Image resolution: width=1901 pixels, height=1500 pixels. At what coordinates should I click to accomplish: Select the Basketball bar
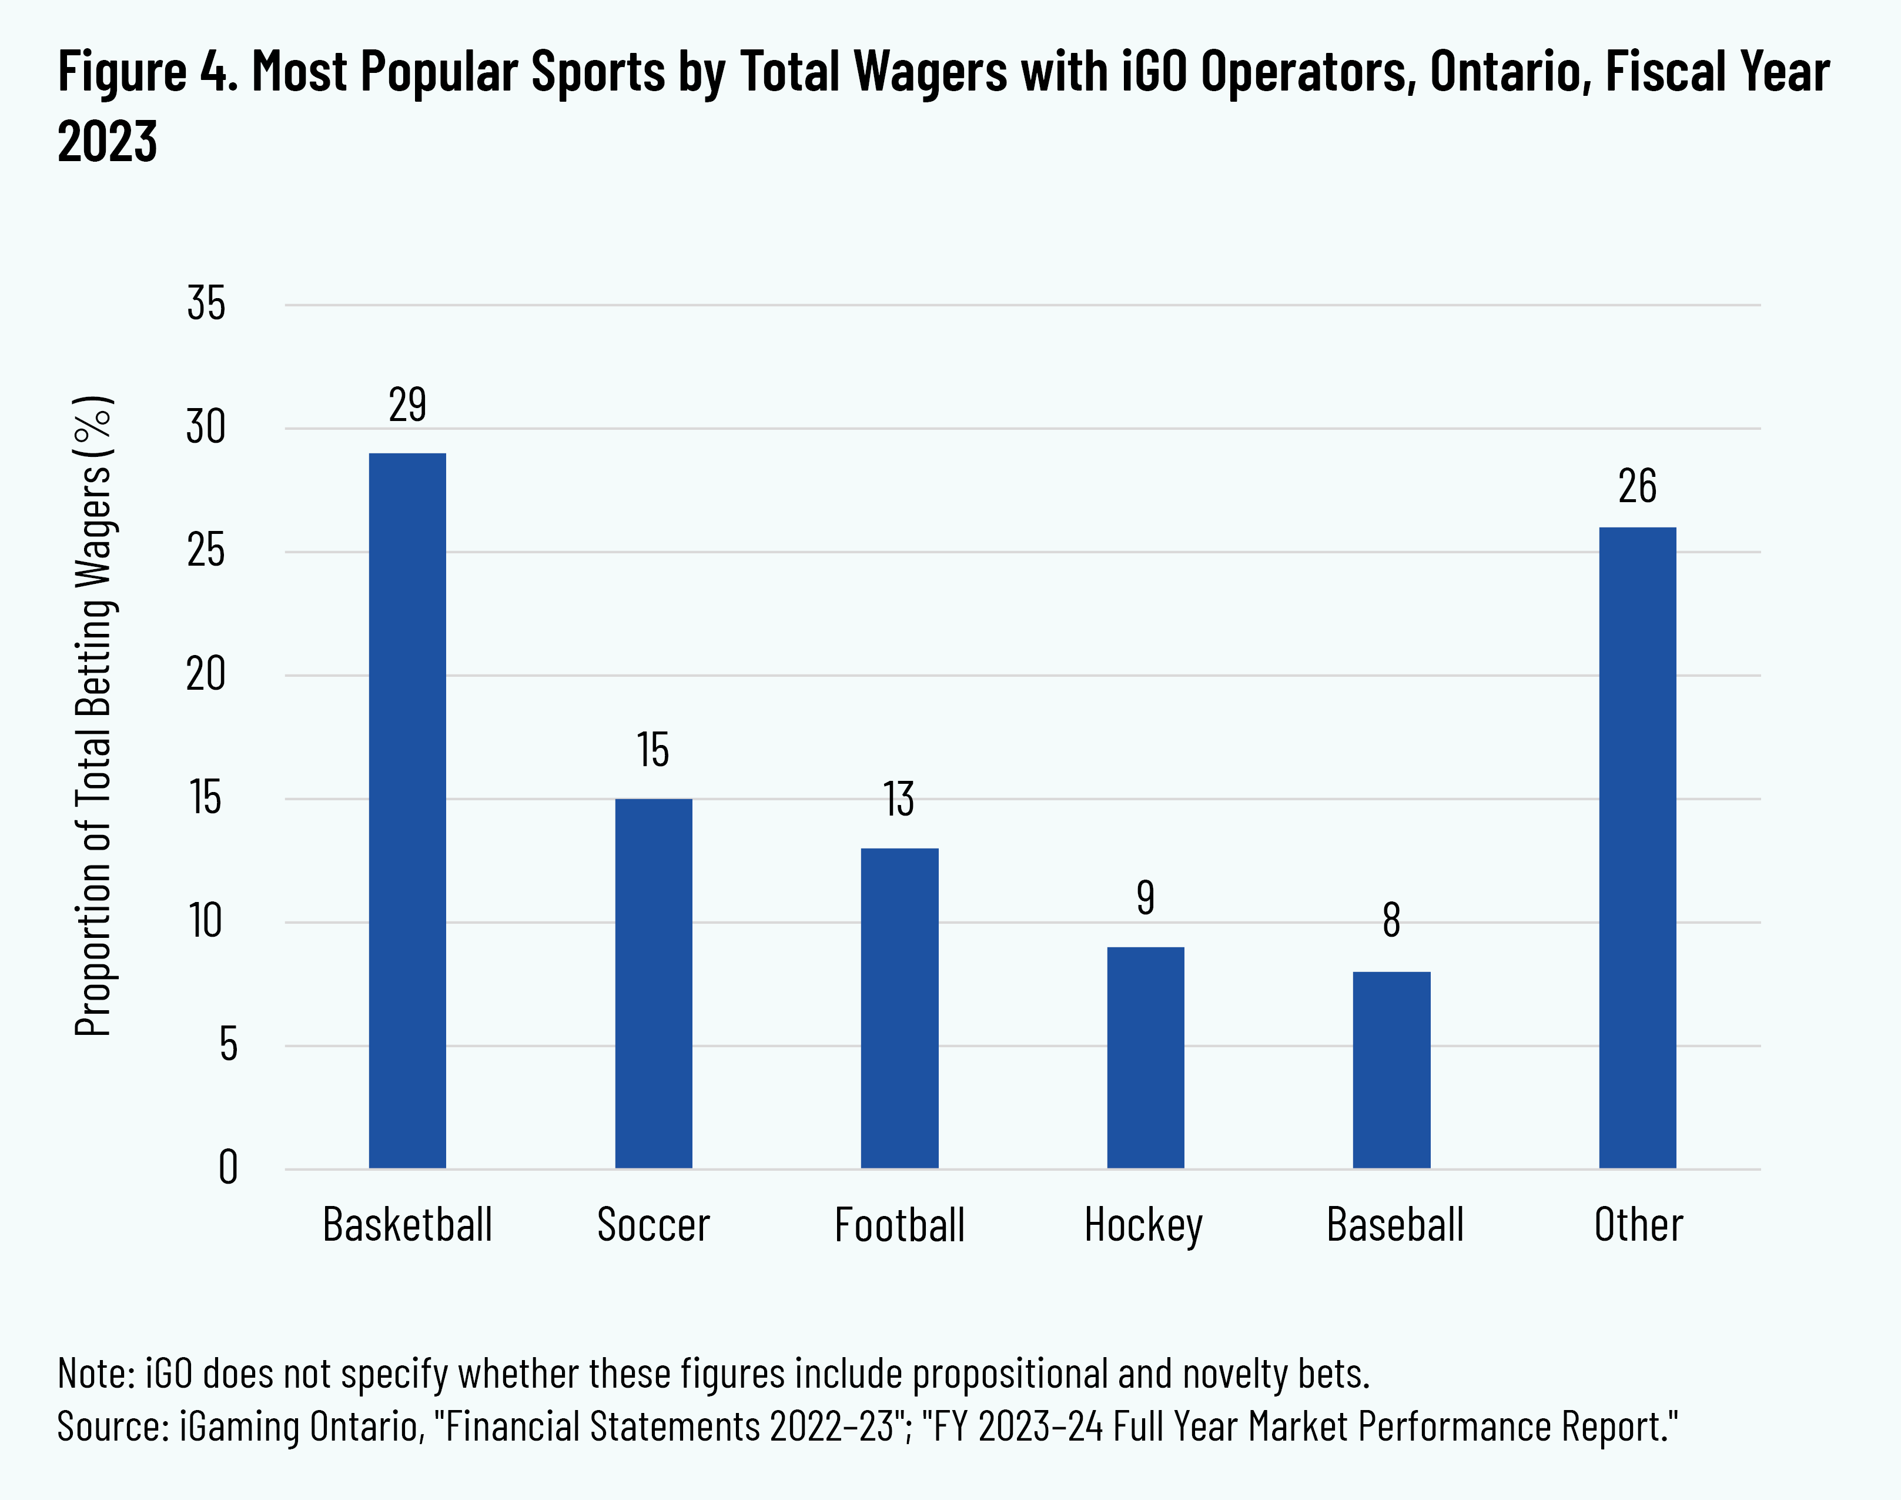(407, 810)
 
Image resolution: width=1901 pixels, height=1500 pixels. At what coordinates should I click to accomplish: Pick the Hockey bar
(1145, 1057)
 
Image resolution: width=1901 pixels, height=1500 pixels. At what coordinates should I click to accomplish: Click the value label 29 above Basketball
(407, 405)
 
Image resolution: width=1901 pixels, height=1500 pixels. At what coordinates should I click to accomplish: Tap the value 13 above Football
(899, 799)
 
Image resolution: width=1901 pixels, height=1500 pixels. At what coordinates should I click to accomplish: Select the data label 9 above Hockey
(1145, 897)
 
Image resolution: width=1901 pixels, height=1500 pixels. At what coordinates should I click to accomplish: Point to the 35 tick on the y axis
(206, 304)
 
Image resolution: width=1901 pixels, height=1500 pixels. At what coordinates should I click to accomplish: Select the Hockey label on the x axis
(1143, 1225)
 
